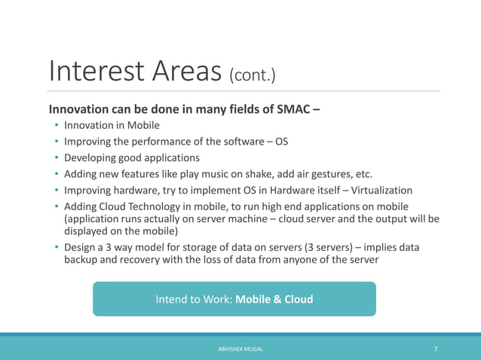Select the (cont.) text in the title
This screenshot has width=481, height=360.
[x=253, y=75]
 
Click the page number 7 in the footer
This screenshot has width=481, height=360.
[x=435, y=349]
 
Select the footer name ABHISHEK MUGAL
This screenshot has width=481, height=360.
[x=240, y=350]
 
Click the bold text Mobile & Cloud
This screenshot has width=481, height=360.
[x=274, y=299]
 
